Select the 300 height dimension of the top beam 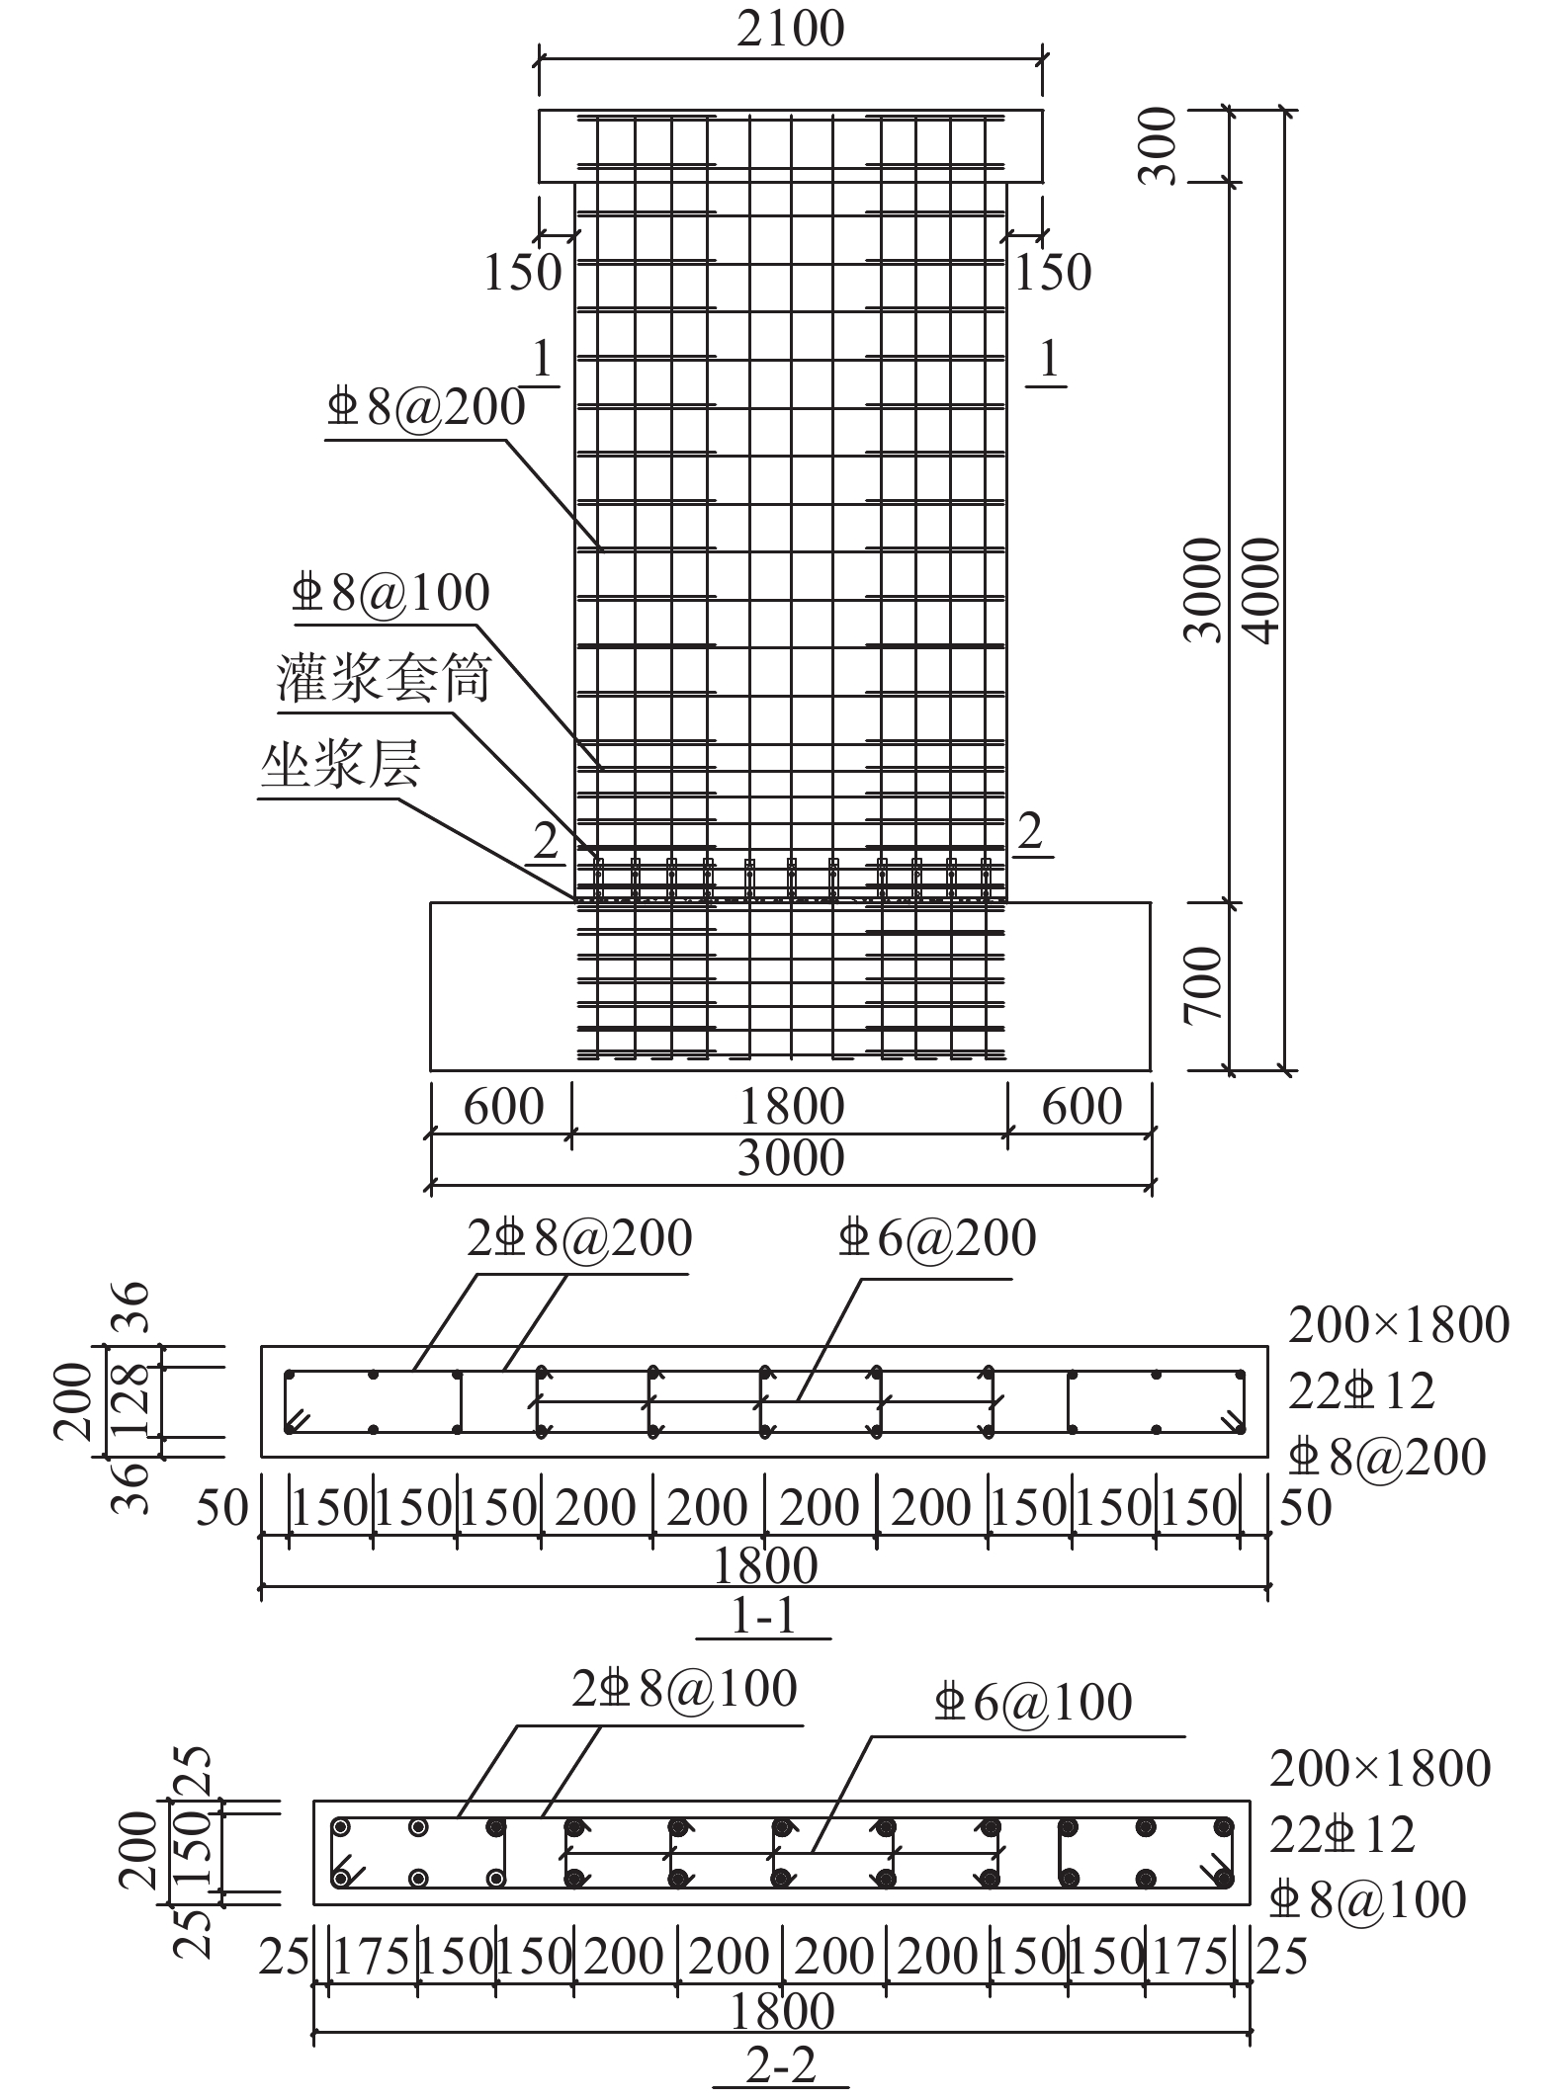tap(1158, 145)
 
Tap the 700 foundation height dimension tap(1204, 985)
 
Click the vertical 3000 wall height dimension tap(1203, 590)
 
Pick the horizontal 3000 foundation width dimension tap(791, 1157)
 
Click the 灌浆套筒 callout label tap(384, 678)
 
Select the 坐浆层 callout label tap(340, 765)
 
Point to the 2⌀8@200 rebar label tap(580, 1238)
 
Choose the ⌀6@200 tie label tap(936, 1238)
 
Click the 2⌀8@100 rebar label tap(684, 1689)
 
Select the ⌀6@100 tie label tap(1032, 1702)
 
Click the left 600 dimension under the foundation tap(503, 1106)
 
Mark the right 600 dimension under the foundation tap(1082, 1106)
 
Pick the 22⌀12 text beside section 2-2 tap(1341, 1834)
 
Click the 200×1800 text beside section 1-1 tap(1399, 1325)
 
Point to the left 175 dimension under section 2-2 tap(372, 1957)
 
